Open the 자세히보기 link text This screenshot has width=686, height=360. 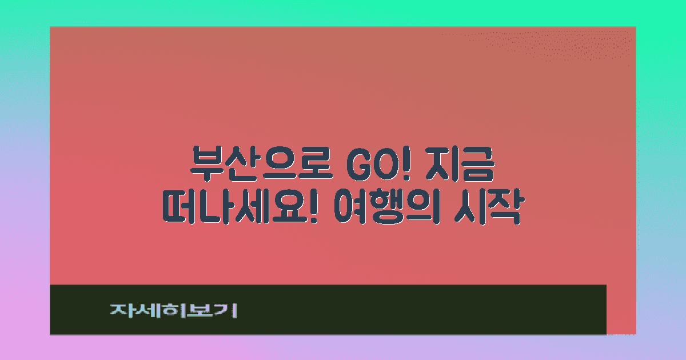coord(174,310)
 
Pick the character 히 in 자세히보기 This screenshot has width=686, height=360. coord(174,310)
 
